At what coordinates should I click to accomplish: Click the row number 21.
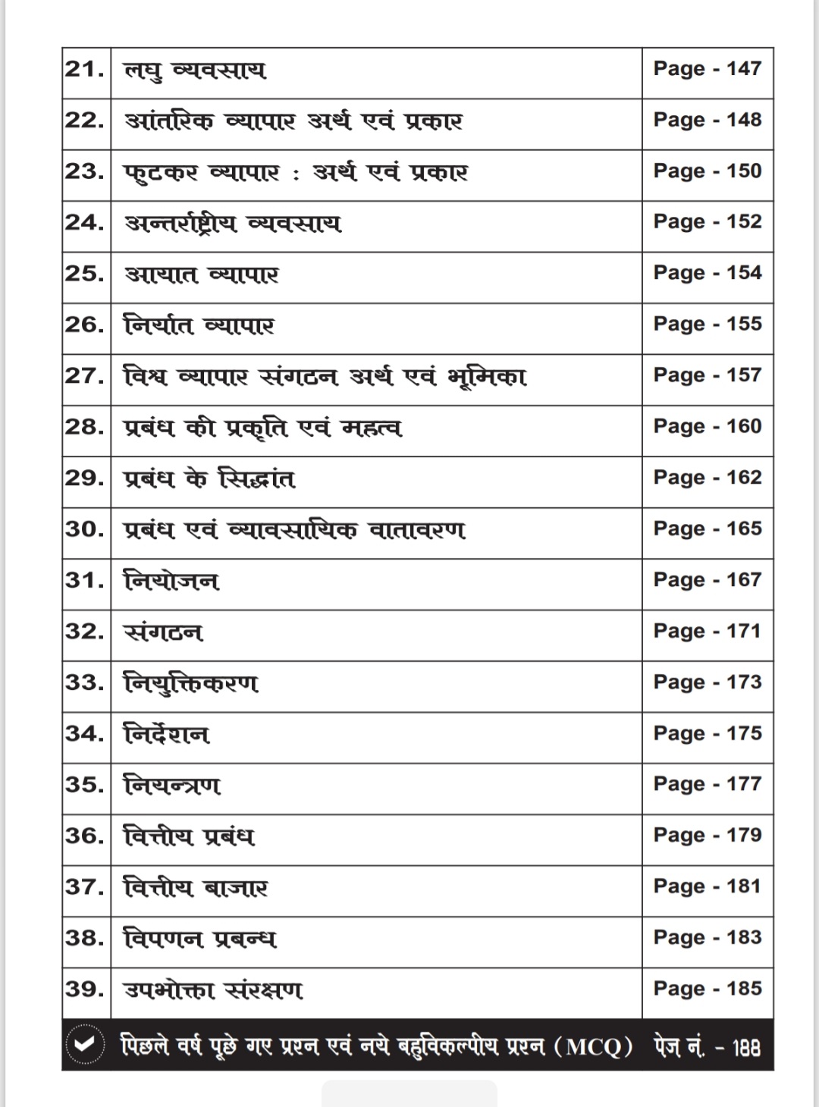click(x=85, y=70)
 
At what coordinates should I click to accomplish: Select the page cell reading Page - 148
click(x=708, y=120)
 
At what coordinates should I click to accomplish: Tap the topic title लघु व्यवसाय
click(x=195, y=71)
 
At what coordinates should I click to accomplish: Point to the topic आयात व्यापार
click(x=202, y=274)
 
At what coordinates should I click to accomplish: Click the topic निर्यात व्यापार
click(x=199, y=325)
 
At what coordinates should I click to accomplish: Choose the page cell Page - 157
click(x=708, y=375)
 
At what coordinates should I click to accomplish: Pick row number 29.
click(x=85, y=478)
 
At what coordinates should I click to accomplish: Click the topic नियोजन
click(x=171, y=582)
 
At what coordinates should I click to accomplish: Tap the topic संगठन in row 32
click(x=163, y=632)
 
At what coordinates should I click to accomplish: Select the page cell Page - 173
click(x=708, y=682)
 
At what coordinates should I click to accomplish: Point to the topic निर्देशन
click(x=166, y=734)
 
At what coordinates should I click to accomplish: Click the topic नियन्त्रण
click(x=172, y=785)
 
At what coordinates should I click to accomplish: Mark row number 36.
click(x=85, y=836)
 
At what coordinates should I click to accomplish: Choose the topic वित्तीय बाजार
click(x=196, y=887)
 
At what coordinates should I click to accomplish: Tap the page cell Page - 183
click(x=708, y=938)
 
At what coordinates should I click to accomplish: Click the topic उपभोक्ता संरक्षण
click(x=213, y=989)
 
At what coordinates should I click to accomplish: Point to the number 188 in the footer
click(x=746, y=1047)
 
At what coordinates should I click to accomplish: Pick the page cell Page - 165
click(x=708, y=528)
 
